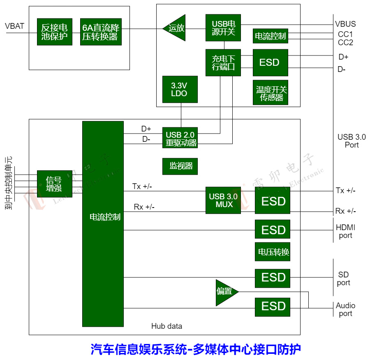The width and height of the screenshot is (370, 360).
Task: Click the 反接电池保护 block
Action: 54,32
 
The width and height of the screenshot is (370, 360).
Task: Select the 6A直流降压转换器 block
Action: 101,32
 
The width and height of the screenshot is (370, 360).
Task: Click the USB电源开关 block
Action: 223,28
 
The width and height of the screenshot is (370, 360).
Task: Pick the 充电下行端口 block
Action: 223,62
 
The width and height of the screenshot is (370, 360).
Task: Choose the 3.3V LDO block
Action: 180,89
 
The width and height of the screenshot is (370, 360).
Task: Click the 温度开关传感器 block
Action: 271,93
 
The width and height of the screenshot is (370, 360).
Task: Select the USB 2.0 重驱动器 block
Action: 180,139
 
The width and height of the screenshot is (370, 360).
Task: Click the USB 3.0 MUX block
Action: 223,200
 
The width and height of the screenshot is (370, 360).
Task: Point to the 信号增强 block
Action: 54,184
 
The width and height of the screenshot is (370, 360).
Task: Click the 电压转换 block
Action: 273,252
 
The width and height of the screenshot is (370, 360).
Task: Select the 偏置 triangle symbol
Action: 225,292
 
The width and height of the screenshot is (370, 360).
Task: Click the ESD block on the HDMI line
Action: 273,229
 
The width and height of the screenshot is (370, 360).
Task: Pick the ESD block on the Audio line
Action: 273,307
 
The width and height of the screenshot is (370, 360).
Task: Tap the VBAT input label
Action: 15,26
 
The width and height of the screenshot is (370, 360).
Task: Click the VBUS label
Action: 345,24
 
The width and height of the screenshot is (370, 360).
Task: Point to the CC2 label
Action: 345,43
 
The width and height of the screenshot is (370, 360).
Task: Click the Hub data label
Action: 166,326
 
